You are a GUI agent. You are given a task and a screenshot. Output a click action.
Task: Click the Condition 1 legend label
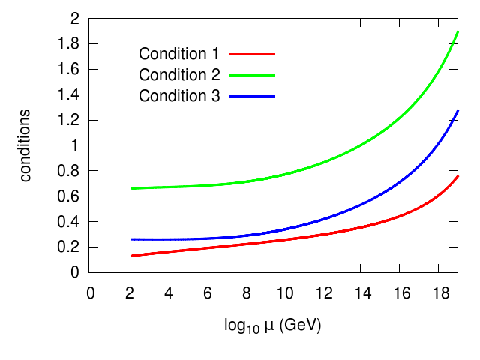178,54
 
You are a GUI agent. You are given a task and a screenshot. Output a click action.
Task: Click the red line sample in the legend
253,54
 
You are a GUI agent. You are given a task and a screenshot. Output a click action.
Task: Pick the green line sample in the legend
253,75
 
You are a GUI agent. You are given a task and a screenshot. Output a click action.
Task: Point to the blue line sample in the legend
253,96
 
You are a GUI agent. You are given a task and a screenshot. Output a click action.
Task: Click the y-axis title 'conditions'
25,145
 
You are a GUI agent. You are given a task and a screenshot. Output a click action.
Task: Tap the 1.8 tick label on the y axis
69,44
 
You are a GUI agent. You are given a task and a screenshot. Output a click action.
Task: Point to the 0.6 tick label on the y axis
69,196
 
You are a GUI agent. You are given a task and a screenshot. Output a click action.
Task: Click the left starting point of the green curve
132,188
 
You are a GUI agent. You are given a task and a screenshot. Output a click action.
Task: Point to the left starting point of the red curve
132,256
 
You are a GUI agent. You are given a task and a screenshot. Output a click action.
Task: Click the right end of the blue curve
457,110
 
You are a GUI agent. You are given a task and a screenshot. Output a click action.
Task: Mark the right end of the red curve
457,176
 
